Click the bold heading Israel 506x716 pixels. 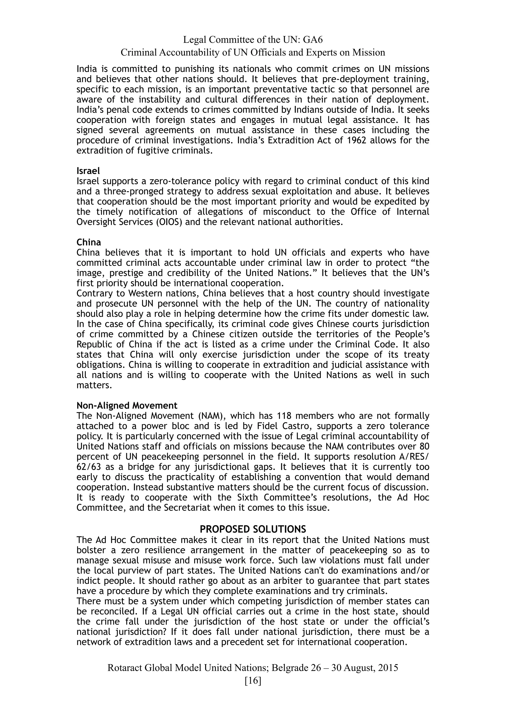pos(88,171)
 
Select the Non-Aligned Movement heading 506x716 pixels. pos(127,405)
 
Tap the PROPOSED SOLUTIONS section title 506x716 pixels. pos(253,529)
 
